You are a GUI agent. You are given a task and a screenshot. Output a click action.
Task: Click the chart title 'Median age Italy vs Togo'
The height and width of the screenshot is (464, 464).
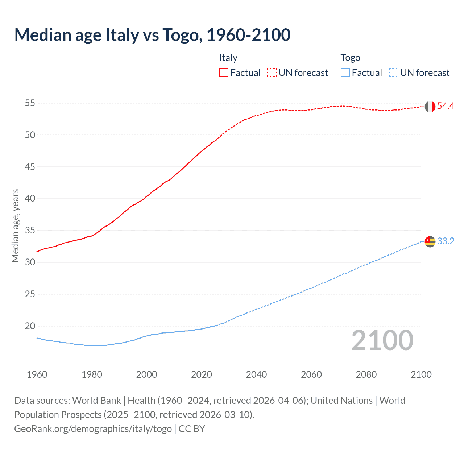point(152,35)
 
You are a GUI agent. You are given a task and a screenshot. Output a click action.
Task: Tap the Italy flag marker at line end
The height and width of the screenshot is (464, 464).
point(430,107)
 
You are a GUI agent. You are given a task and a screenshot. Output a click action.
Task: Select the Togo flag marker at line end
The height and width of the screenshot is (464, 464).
point(430,241)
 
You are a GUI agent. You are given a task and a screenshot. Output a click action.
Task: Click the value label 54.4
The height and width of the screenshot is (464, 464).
point(446,106)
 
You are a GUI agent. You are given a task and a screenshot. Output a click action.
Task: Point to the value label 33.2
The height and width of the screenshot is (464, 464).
point(446,241)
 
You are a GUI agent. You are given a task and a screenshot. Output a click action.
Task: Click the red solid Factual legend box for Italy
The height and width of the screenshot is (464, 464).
point(224,73)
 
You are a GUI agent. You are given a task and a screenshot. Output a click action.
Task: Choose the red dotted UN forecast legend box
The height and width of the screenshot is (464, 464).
point(272,73)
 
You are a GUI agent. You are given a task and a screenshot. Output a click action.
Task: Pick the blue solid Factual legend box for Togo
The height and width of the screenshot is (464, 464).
point(345,73)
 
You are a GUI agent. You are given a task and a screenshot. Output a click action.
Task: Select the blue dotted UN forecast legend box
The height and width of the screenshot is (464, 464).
point(394,73)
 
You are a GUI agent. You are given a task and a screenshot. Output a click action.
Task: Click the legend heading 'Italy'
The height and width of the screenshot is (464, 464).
point(228,58)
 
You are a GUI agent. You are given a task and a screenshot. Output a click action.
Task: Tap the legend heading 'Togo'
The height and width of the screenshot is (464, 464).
point(350,58)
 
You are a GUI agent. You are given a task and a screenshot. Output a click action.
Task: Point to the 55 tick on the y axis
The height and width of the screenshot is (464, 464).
point(30,103)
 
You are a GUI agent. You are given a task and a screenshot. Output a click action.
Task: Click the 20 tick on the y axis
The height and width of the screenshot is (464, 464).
point(30,326)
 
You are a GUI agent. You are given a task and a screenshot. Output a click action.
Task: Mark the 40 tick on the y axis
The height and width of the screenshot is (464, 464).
point(30,199)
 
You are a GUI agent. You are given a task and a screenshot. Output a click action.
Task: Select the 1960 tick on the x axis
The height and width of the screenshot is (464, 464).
point(37,374)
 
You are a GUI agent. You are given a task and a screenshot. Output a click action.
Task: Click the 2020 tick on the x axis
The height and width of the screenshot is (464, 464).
point(202,374)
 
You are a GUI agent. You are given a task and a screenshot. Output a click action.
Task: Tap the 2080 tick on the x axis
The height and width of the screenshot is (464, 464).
point(366,374)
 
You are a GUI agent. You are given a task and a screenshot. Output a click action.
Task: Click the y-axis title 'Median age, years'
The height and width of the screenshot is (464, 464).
point(15,225)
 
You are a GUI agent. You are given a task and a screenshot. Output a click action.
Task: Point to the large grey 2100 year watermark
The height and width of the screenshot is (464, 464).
point(382,340)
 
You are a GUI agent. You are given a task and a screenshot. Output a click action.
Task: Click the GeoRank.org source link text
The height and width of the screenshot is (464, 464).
point(93,429)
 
